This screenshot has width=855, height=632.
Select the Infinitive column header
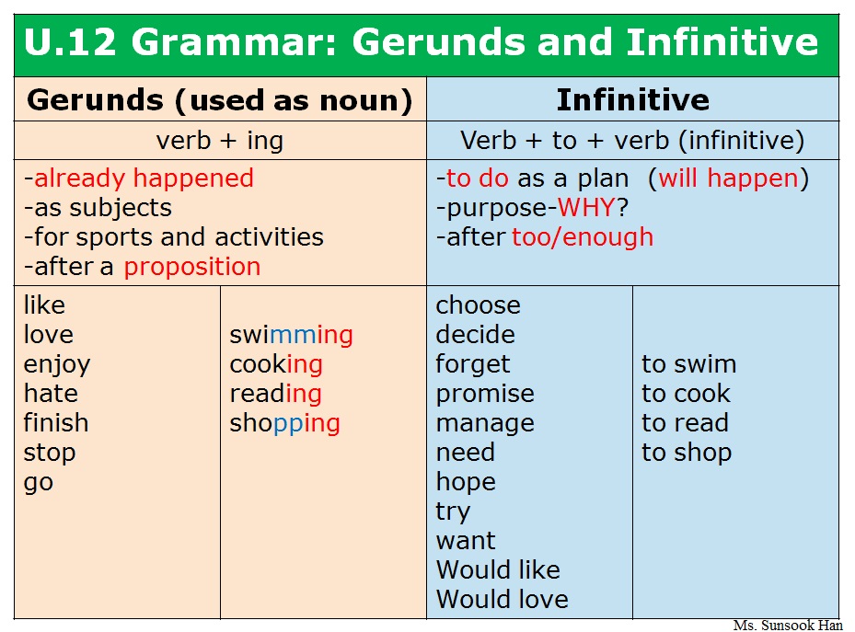pos(632,99)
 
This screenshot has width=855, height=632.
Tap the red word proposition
pos(192,268)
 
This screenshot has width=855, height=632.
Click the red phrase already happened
pos(144,178)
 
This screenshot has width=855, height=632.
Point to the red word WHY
pos(587,208)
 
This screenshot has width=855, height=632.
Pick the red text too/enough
pos(583,237)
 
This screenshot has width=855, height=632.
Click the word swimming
pos(291,335)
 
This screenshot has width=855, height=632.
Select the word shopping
pos(284,424)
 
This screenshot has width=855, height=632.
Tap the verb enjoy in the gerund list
pos(57,365)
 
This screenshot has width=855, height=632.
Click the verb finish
pos(55,423)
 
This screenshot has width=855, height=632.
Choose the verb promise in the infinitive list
pos(485,395)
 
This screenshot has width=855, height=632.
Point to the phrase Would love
pos(503,599)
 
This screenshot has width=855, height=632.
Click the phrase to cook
pos(686,394)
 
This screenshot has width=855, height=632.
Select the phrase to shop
pos(687,454)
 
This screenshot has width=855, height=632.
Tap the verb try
pos(453,512)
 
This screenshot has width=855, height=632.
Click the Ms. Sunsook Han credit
pos(788,625)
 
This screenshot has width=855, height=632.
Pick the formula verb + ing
pos(220,141)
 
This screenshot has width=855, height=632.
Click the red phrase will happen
pos(729,178)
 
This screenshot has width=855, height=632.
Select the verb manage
pos(485,424)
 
